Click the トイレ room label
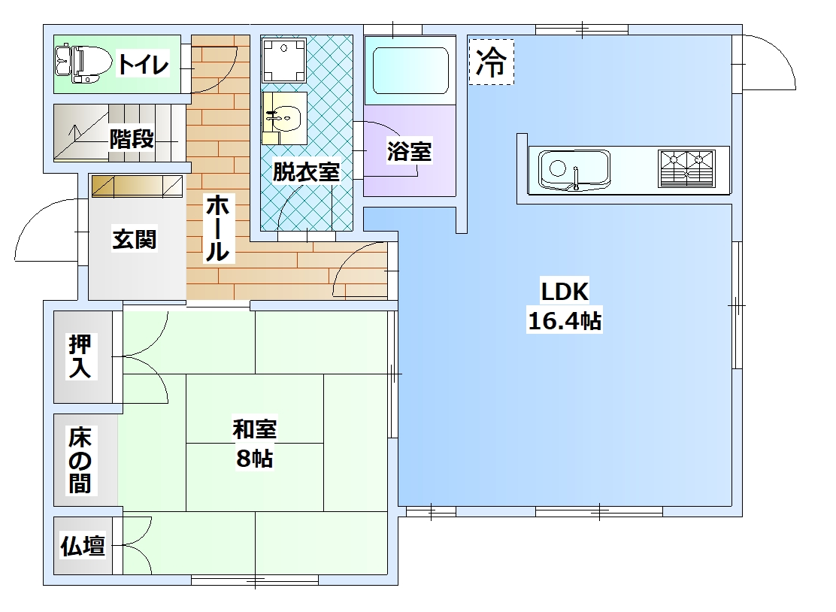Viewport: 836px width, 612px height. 143,64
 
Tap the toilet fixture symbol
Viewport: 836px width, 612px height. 83,64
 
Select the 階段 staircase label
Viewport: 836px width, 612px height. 132,139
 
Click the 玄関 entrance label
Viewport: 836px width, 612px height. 135,239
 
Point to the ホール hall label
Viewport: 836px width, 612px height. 218,228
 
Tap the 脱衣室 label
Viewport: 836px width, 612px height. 306,171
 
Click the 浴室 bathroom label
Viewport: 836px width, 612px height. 409,151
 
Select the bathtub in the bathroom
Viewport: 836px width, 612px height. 410,71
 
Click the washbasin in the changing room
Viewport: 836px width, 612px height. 284,118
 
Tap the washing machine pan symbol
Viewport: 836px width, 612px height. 283,59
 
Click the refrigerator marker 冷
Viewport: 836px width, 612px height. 491,62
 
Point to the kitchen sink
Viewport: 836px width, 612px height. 574,169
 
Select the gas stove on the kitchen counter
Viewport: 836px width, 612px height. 686,168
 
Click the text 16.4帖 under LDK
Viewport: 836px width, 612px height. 565,321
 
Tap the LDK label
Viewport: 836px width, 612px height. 565,292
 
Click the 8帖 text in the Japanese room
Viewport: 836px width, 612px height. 255,458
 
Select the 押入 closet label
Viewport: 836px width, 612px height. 80,356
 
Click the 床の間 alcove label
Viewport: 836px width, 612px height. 80,460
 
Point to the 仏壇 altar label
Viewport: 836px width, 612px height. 83,545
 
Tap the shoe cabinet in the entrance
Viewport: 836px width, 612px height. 137,186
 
